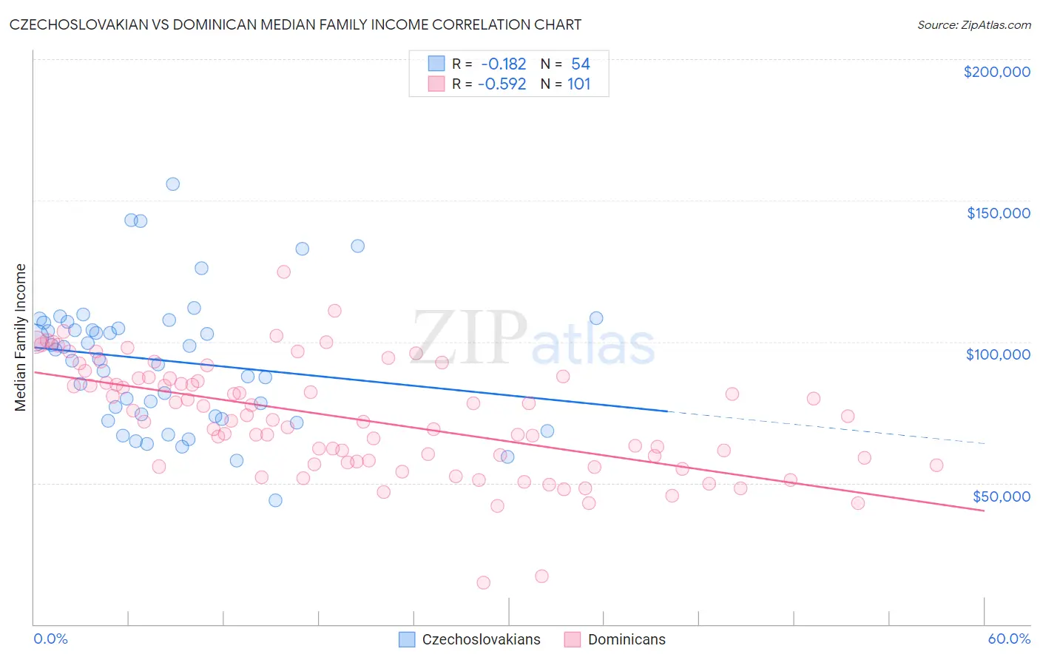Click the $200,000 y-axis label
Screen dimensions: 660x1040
(996, 72)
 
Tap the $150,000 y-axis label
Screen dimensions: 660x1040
(998, 213)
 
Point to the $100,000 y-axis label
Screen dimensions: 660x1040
(998, 354)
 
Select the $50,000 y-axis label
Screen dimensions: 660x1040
(1001, 496)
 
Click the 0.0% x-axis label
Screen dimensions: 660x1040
(50, 639)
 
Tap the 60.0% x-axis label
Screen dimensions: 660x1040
(1009, 639)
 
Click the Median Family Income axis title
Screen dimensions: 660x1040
(21, 337)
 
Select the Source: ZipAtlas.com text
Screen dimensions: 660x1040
(973, 25)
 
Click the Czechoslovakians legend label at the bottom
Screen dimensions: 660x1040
(481, 639)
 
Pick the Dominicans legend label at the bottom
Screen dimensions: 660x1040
(627, 639)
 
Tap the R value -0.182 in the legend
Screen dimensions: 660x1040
(503, 64)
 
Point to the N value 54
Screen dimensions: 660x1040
(580, 64)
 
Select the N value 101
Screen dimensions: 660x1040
(578, 84)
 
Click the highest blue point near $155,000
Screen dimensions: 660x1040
(172, 184)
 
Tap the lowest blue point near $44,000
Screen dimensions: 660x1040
(275, 500)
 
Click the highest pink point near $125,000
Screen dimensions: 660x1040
(283, 272)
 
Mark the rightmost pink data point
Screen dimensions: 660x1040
(936, 465)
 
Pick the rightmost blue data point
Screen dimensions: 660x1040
(596, 318)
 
